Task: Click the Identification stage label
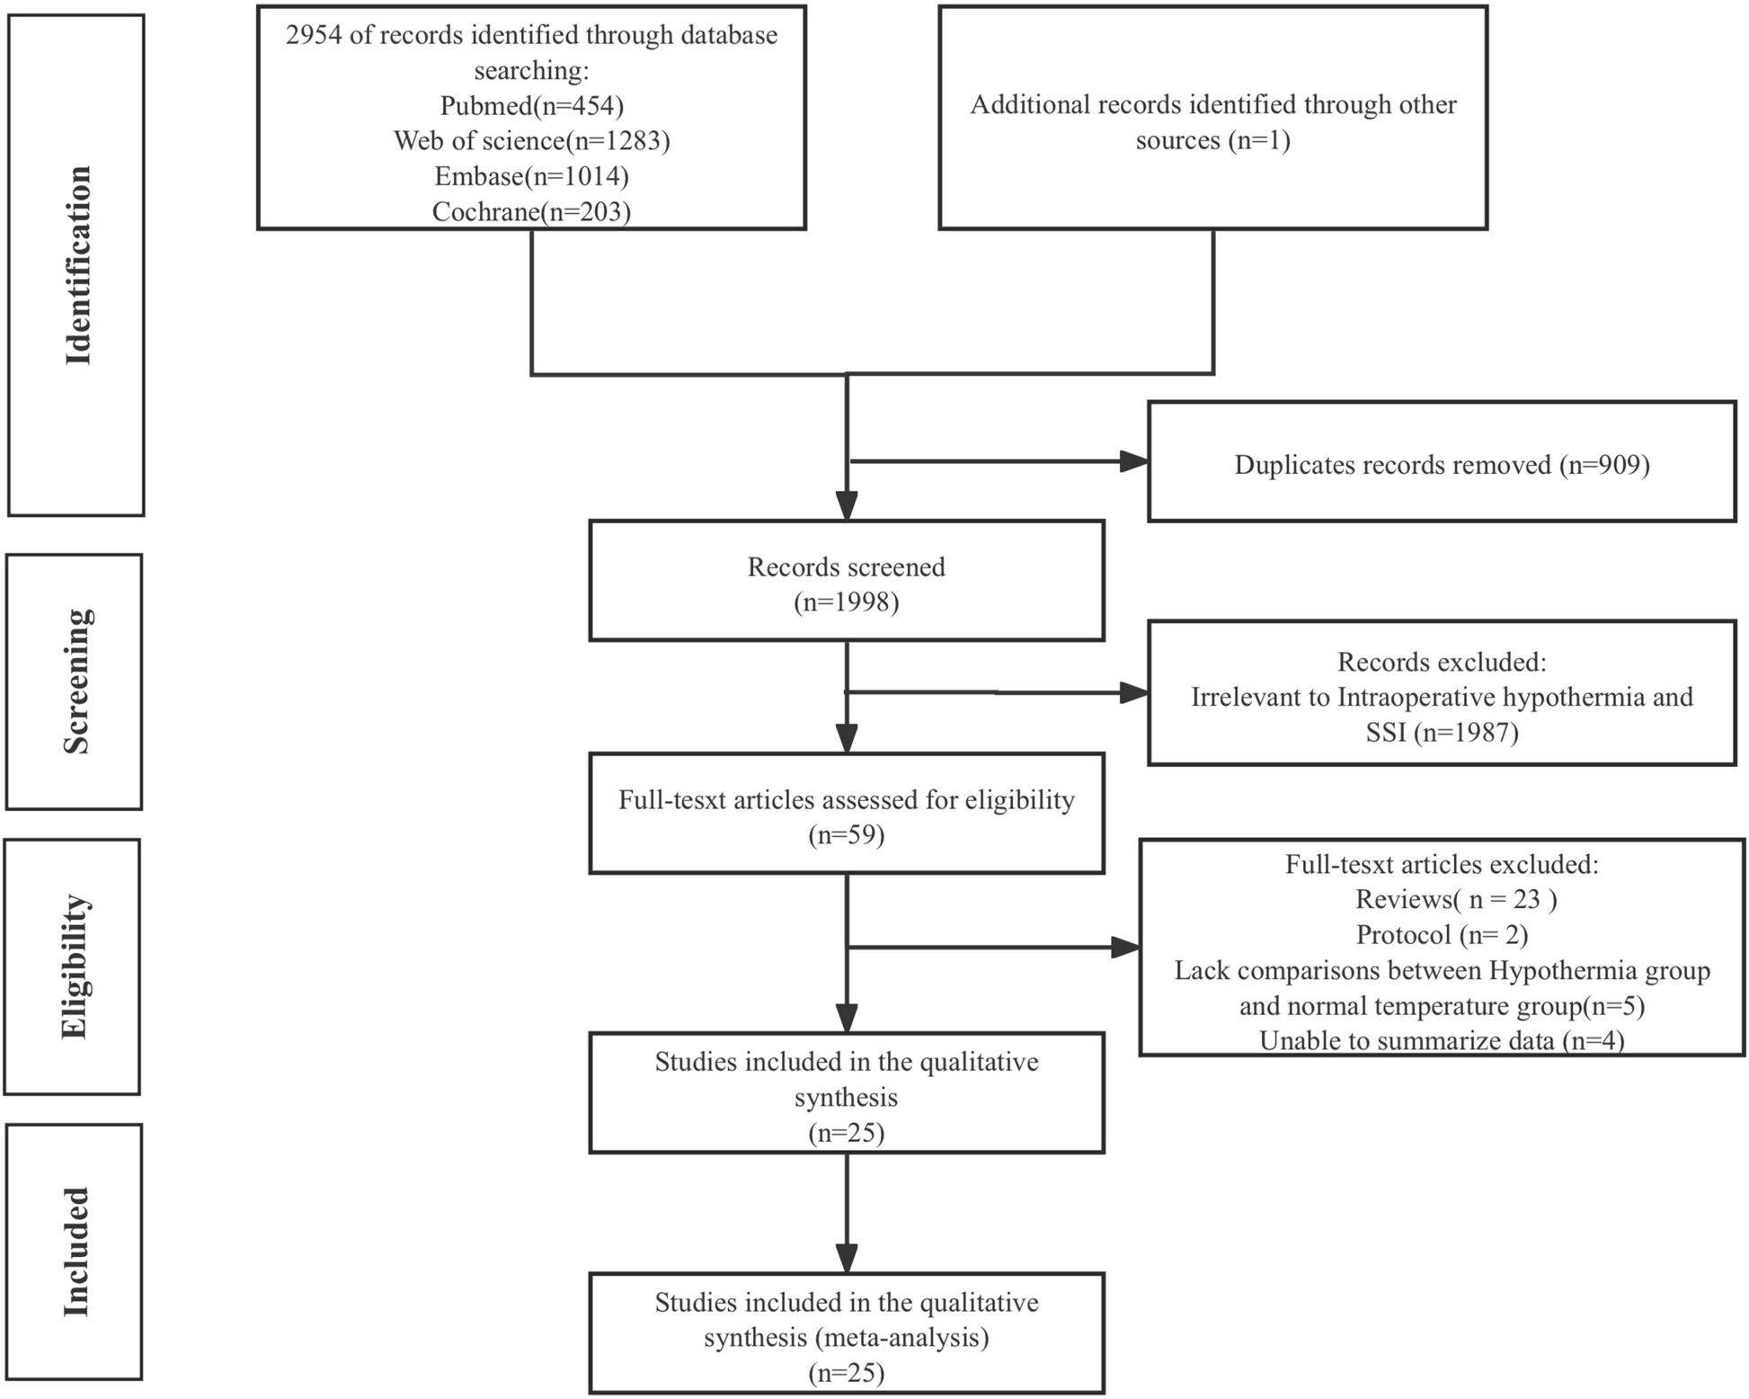pyautogui.click(x=77, y=265)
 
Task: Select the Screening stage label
pyautogui.click(x=75, y=682)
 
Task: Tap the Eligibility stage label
pyautogui.click(x=74, y=967)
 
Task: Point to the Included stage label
pyautogui.click(x=75, y=1252)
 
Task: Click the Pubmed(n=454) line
pyautogui.click(x=531, y=106)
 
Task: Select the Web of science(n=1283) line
pyautogui.click(x=531, y=141)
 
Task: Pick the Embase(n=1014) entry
pyautogui.click(x=531, y=176)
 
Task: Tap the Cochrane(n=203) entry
pyautogui.click(x=531, y=211)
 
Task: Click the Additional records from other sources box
pyautogui.click(x=1212, y=119)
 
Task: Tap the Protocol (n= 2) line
pyautogui.click(x=1442, y=935)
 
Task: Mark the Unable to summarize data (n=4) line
pyautogui.click(x=1442, y=1040)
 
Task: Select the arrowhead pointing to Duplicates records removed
pyautogui.click(x=1134, y=462)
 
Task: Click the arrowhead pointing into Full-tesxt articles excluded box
pyautogui.click(x=1125, y=947)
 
